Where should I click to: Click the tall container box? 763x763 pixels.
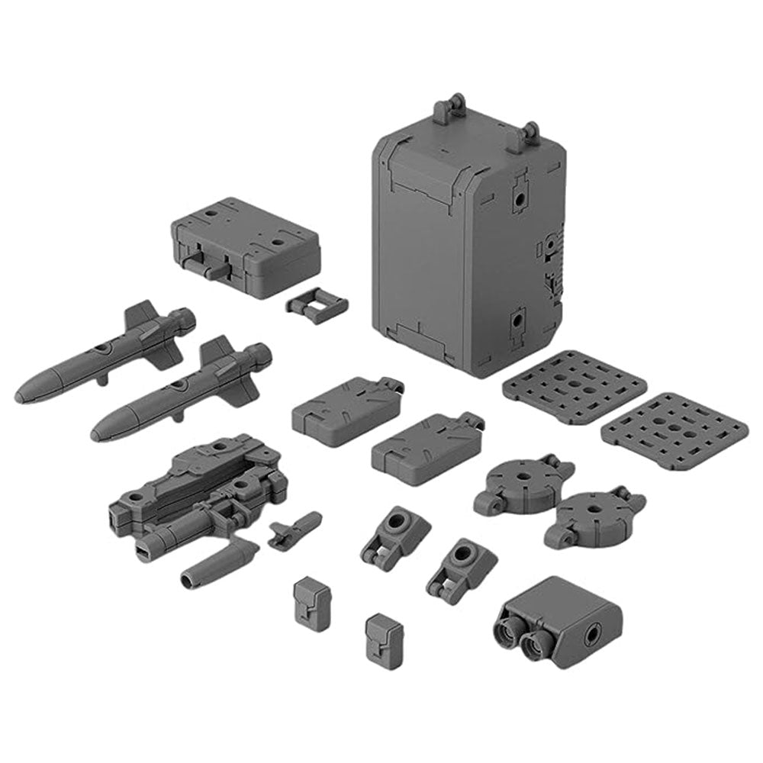(465, 244)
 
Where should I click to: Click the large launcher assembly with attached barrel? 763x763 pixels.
(198, 488)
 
